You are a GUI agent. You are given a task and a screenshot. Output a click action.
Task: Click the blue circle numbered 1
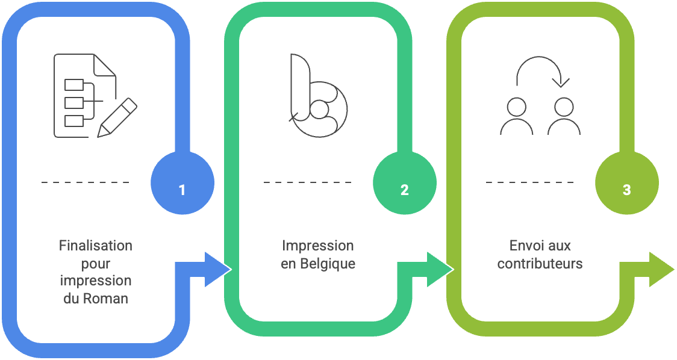point(183,182)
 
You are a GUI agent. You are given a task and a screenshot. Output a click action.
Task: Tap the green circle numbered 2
point(405,182)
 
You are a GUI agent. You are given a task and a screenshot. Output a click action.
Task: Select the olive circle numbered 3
point(627,182)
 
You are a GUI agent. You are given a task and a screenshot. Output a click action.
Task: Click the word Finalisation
point(96,246)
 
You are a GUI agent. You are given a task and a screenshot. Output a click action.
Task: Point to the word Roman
point(105,298)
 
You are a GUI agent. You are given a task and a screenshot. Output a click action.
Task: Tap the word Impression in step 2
point(318,246)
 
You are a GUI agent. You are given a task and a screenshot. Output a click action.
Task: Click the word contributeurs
point(540,263)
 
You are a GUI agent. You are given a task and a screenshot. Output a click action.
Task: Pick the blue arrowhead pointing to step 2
point(217,269)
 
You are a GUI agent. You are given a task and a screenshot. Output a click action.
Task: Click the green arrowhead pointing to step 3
point(440,269)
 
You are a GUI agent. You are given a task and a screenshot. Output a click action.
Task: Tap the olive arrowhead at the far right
point(661,269)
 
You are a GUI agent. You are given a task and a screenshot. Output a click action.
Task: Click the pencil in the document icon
point(117,118)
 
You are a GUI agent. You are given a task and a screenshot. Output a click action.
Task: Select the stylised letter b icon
point(318,96)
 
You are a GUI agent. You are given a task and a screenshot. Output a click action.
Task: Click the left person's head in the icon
point(516,107)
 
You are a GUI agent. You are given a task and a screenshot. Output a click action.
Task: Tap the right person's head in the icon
point(564,107)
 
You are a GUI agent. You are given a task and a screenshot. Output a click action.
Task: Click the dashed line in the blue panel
point(86,182)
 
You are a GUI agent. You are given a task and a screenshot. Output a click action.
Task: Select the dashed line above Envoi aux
point(530,182)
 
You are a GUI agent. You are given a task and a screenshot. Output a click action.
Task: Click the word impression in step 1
point(96,281)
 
